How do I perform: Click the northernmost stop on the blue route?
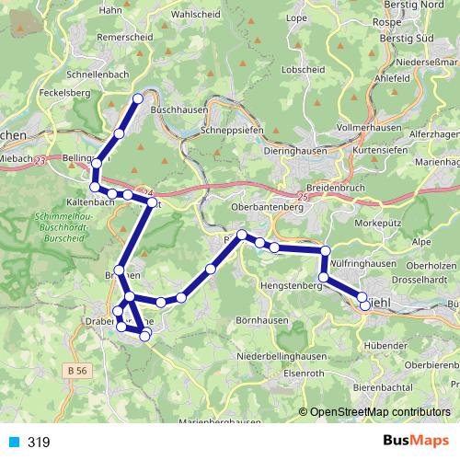[139, 98]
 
